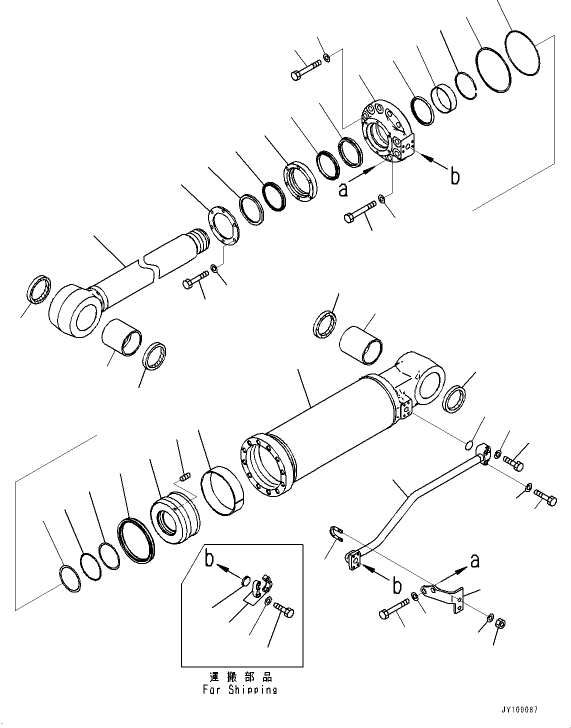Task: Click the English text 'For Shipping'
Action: tap(240, 690)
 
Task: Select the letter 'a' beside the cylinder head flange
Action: tap(342, 189)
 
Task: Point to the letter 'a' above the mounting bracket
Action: tap(474, 561)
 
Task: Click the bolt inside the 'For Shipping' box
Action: tap(284, 610)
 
